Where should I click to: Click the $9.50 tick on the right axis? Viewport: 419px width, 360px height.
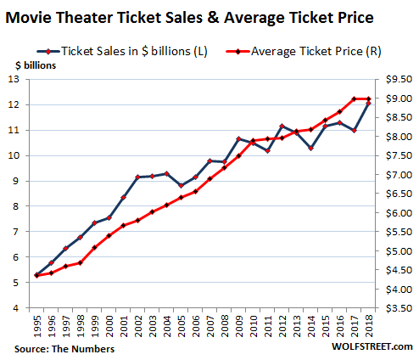click(395, 80)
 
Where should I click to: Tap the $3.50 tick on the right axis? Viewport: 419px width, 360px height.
click(395, 308)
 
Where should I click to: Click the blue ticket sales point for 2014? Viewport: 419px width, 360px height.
click(310, 149)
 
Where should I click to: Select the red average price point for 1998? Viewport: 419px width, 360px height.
click(80, 262)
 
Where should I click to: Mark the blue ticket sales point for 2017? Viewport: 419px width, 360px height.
click(354, 131)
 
